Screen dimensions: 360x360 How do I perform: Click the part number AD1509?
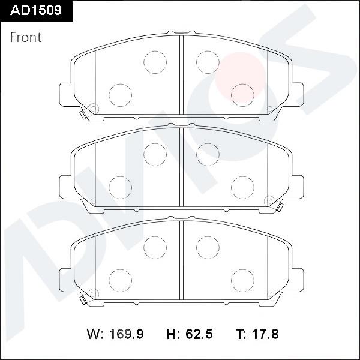pyautogui.click(x=36, y=11)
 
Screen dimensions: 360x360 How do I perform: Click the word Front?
pyautogui.click(x=26, y=37)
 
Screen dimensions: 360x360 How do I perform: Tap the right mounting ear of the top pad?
pyautogui.click(x=296, y=94)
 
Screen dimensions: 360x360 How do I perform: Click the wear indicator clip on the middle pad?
pyautogui.click(x=280, y=206)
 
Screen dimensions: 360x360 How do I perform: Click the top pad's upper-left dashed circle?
pyautogui.click(x=154, y=60)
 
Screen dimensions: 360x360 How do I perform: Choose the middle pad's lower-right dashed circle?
pyautogui.click(x=242, y=186)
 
